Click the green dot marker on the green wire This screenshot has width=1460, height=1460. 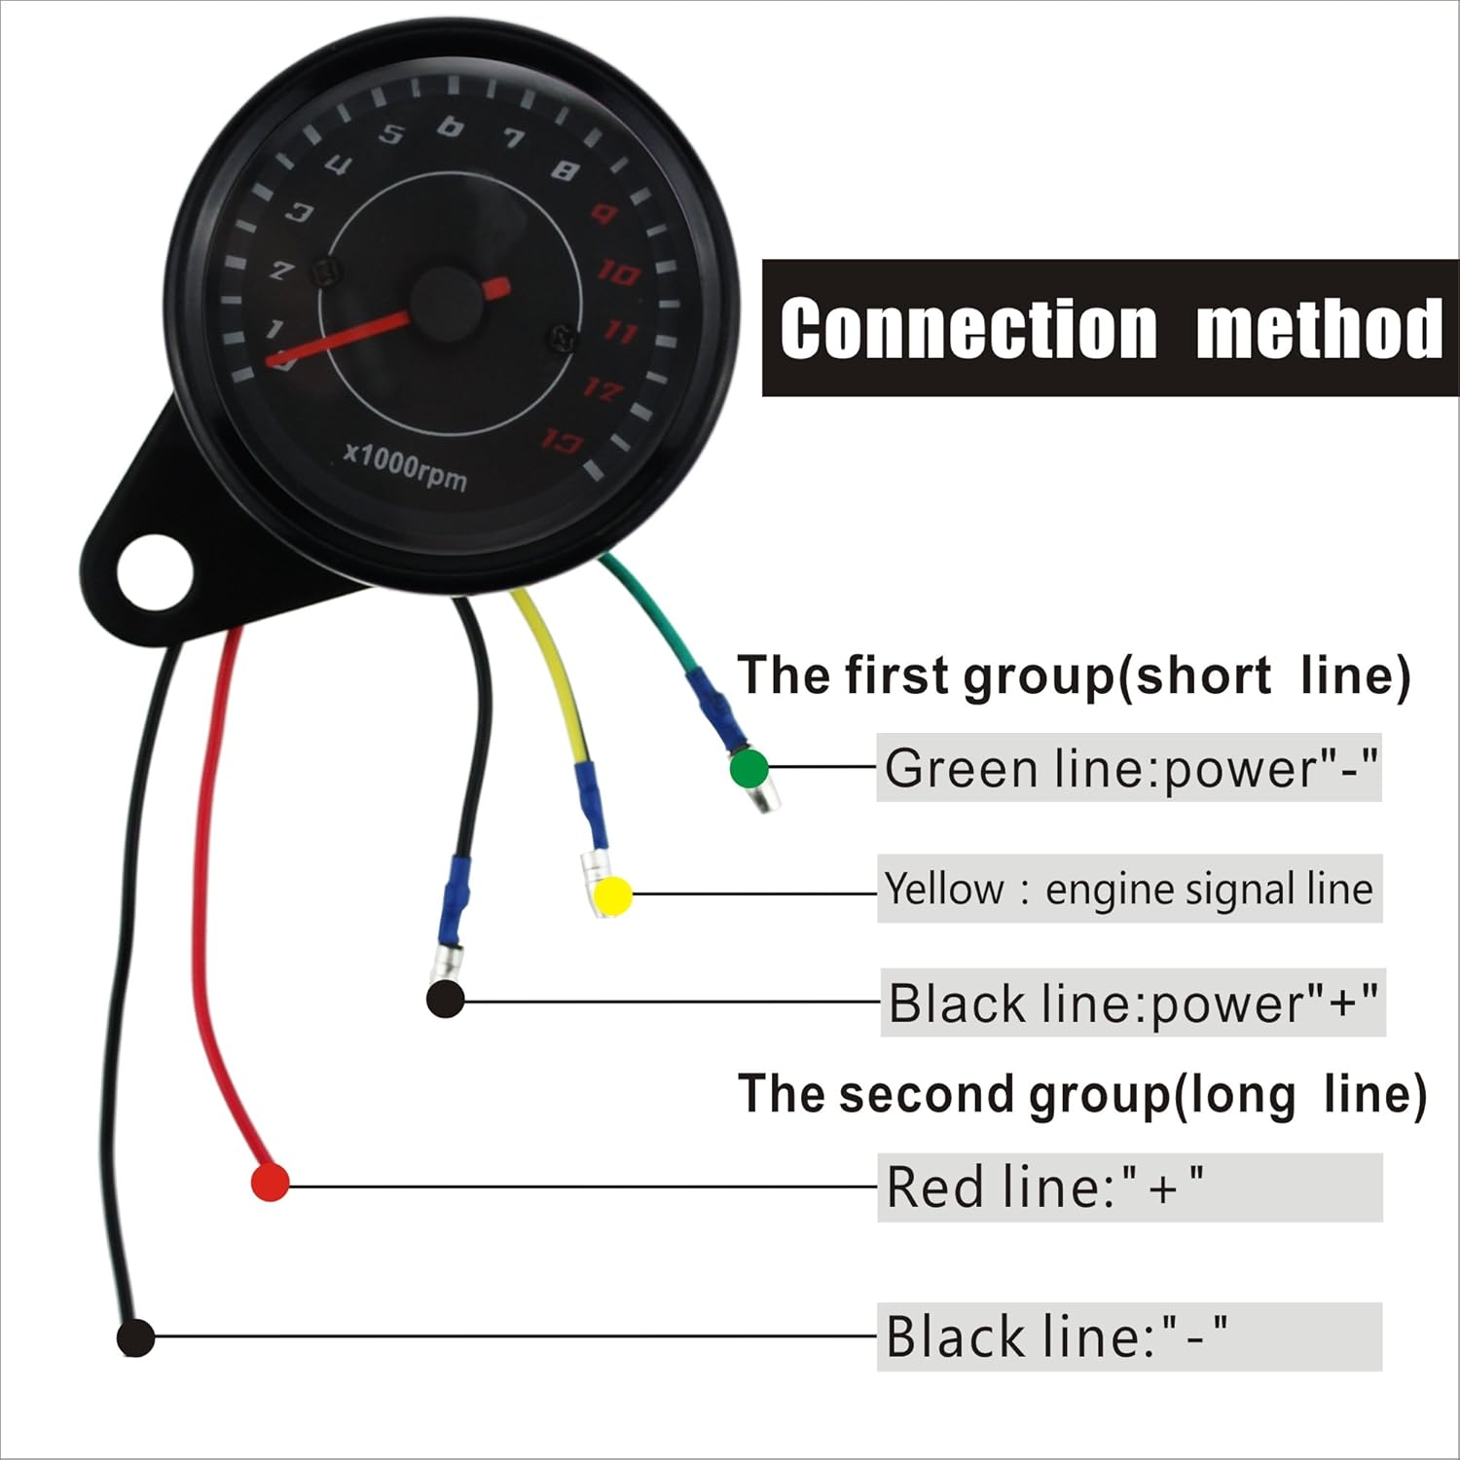pos(748,769)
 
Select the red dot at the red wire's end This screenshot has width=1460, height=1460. pos(271,1182)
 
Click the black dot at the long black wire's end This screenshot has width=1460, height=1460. pos(135,1337)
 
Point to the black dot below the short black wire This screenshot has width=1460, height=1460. pos(445,1000)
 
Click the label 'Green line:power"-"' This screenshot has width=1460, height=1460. pos(1129,769)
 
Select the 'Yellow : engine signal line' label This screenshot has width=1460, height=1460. pos(1129,889)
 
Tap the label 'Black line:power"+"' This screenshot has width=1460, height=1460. pos(1132,1003)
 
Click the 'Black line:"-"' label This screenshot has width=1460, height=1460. pos(1057,1336)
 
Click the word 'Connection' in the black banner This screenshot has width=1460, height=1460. pos(968,329)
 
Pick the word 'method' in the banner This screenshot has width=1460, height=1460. pos(1319,329)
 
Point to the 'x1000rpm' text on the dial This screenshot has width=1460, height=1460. pos(406,468)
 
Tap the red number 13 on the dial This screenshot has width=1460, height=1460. pos(563,442)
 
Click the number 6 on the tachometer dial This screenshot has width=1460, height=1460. pos(450,127)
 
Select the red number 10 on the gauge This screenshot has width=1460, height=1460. pos(617,274)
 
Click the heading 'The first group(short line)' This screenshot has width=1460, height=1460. pos(1073,675)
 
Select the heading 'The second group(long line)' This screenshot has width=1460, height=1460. pos(1081,1094)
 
